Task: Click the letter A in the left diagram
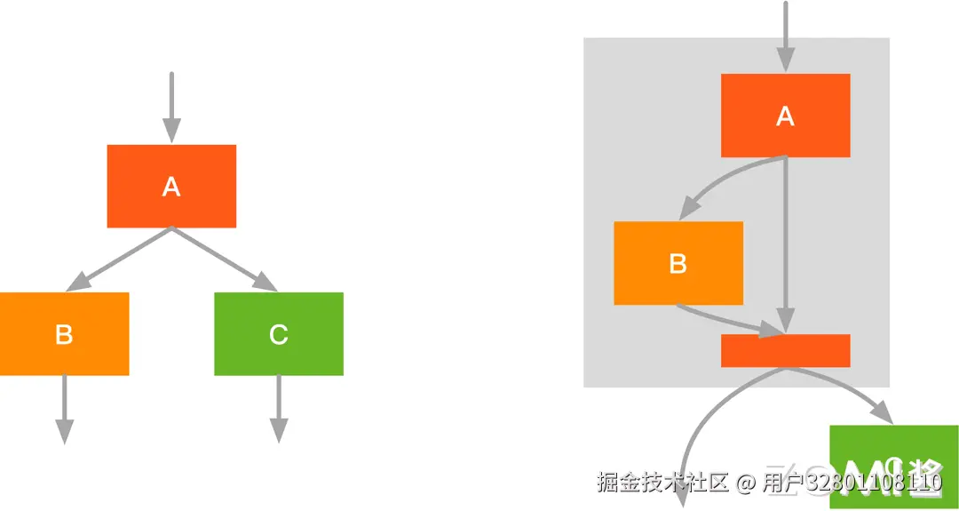171,187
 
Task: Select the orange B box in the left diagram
64,333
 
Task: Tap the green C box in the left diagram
278,333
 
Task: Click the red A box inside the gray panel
785,116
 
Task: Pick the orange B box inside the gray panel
678,263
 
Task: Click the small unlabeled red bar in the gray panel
785,350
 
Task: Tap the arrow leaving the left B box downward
64,409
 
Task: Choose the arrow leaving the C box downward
279,409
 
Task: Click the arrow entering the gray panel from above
785,36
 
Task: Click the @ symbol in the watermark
745,483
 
